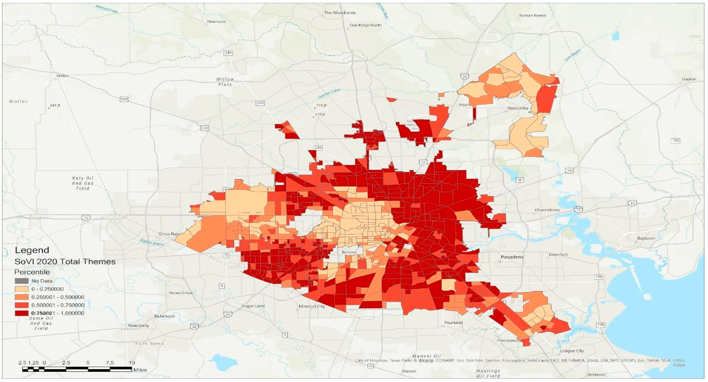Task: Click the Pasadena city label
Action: pyautogui.click(x=512, y=257)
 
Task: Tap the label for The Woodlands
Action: pyautogui.click(x=340, y=13)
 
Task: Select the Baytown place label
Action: pyautogui.click(x=646, y=238)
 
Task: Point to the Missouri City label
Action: pyautogui.click(x=312, y=306)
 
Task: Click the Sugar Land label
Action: pyautogui.click(x=253, y=306)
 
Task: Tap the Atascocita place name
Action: pyautogui.click(x=518, y=108)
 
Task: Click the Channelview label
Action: pyautogui.click(x=547, y=210)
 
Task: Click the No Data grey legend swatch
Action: pyautogui.click(x=21, y=281)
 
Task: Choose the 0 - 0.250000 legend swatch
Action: pyautogui.click(x=21, y=289)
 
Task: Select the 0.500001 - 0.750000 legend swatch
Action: pyautogui.click(x=21, y=305)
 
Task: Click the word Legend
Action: pyautogui.click(x=32, y=250)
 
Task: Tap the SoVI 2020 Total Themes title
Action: pyautogui.click(x=65, y=261)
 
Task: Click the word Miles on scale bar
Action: pyautogui.click(x=140, y=370)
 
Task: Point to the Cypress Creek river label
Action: pyautogui.click(x=329, y=93)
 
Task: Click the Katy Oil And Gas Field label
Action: pyautogui.click(x=83, y=183)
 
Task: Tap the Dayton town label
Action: pyautogui.click(x=689, y=79)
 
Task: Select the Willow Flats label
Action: pyautogui.click(x=225, y=82)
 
